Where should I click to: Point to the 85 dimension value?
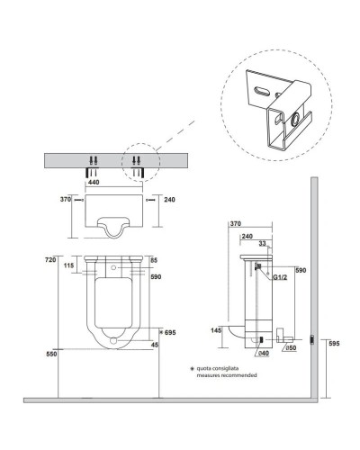tap(155, 261)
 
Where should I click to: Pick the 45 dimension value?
tap(156, 344)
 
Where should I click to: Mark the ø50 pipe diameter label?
tap(291, 348)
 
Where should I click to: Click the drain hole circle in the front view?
tap(113, 342)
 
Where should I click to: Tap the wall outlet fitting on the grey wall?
tap(310, 338)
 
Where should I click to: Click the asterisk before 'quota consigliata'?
tap(191, 368)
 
